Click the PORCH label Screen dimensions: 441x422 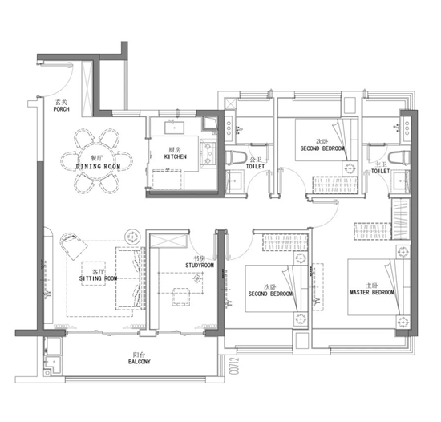click(x=61, y=109)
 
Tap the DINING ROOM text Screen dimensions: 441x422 click(x=98, y=167)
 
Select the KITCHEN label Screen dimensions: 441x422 click(x=176, y=156)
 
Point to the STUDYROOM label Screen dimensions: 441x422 click(x=200, y=266)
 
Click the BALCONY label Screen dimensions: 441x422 click(x=140, y=362)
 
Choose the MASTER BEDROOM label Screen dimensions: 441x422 click(x=372, y=292)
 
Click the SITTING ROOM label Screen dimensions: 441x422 click(x=98, y=278)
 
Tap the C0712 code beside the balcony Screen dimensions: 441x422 click(x=235, y=366)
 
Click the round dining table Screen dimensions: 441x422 click(x=96, y=161)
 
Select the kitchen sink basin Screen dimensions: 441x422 click(x=174, y=128)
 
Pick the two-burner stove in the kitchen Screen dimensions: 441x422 click(x=208, y=153)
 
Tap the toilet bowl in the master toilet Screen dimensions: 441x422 click(x=399, y=157)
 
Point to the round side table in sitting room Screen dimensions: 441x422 click(x=132, y=237)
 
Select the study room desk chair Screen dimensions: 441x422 click(x=181, y=297)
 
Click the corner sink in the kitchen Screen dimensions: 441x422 click(x=209, y=124)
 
